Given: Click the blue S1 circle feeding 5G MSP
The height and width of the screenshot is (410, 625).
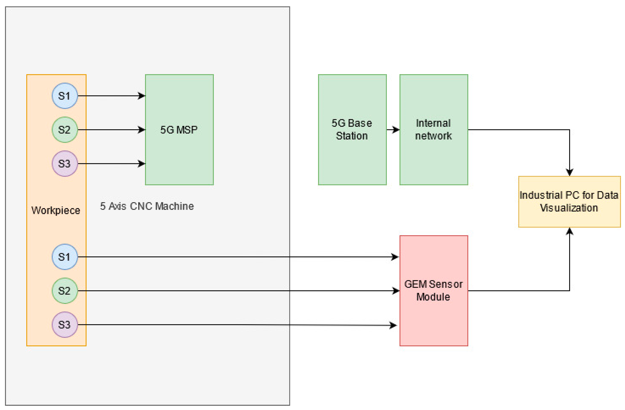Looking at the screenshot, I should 65,96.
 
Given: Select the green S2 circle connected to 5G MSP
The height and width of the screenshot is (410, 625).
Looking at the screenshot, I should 65,130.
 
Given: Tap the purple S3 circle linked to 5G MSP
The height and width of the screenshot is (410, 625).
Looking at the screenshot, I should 65,164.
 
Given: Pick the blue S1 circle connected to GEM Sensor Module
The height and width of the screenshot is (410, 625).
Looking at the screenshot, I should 65,257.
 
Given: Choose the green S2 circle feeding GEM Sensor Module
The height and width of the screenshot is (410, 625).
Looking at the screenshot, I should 65,291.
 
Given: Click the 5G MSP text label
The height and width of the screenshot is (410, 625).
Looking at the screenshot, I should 179,130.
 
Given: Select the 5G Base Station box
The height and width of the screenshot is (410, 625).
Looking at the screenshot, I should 352,130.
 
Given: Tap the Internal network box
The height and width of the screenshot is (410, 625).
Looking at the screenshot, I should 434,130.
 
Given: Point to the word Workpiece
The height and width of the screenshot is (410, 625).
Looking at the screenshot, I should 56,210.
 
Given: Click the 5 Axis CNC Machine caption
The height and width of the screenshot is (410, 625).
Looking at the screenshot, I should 147,206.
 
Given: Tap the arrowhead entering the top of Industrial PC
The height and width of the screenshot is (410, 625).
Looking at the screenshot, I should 569,172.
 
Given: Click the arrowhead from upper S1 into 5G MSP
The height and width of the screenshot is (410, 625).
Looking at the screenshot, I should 142,96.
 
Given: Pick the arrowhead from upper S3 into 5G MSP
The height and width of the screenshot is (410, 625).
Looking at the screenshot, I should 142,164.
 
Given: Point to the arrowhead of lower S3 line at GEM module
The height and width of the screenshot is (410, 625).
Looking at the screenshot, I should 393,325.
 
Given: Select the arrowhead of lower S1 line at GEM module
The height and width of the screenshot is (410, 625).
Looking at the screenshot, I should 395,257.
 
